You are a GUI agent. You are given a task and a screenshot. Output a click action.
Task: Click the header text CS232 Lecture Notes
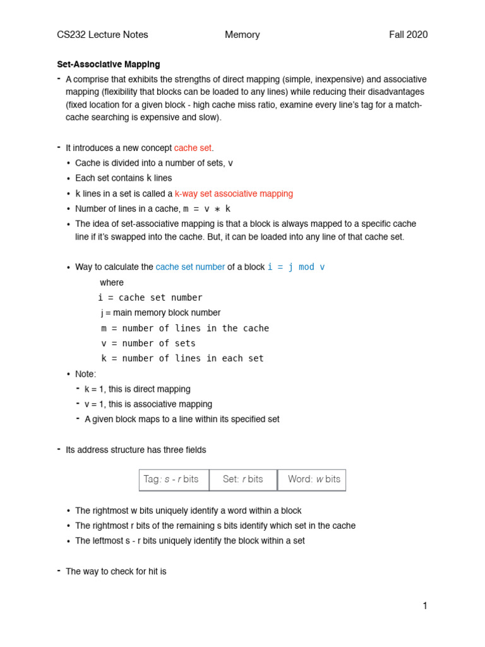[x=102, y=35]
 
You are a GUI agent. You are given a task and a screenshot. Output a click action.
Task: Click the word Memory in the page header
[x=242, y=35]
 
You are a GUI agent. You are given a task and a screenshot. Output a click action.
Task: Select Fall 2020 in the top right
[x=408, y=35]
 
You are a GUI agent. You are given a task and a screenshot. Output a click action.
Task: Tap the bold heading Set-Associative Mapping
[x=108, y=64]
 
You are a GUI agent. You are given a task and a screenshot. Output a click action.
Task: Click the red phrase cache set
[x=193, y=148]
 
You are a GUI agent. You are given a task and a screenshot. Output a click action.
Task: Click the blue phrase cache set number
[x=190, y=267]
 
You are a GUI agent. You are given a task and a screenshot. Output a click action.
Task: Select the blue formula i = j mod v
[x=296, y=267]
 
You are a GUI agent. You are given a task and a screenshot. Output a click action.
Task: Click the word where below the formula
[x=112, y=282]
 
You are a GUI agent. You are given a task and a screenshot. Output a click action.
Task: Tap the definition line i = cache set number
[x=150, y=298]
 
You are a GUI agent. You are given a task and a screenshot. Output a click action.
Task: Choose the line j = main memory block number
[x=160, y=313]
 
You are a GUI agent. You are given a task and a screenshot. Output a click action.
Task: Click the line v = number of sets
[x=148, y=343]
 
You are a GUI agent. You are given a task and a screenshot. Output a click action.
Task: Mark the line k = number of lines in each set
[x=183, y=358]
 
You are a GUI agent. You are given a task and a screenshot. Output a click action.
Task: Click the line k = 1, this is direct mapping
[x=137, y=389]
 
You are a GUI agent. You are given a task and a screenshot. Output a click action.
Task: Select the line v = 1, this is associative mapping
[x=148, y=404]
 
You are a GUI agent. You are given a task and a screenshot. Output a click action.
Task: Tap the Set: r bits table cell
[x=243, y=480]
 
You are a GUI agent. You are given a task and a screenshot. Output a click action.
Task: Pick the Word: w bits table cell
[x=312, y=480]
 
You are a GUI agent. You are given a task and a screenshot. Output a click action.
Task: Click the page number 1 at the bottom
[x=425, y=606]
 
